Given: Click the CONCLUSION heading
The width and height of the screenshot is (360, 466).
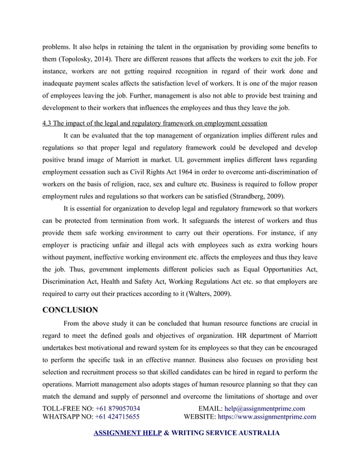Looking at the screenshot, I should [x=71, y=310].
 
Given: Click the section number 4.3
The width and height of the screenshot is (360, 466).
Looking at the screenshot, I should [x=49, y=123].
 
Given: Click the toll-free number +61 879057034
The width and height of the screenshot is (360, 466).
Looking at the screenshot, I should [x=118, y=408].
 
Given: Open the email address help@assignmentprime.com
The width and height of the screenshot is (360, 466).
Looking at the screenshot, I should [x=265, y=408].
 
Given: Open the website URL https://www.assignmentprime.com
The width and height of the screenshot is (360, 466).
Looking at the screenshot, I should [x=267, y=417].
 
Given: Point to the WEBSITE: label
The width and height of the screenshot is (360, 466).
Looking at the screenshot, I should [x=200, y=417].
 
